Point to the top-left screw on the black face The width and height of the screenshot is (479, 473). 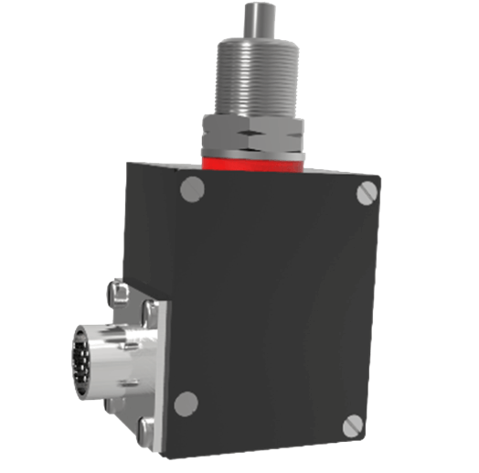[191, 189]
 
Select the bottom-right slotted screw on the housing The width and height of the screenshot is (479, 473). [353, 425]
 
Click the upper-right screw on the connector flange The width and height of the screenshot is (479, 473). [149, 311]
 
